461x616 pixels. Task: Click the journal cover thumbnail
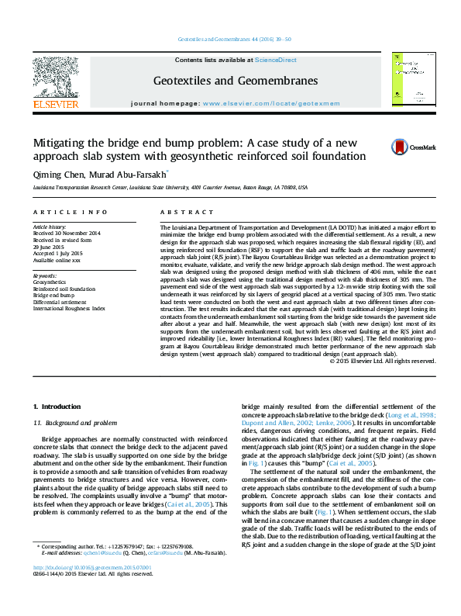[x=411, y=81]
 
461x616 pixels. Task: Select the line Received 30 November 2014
[x=67, y=233]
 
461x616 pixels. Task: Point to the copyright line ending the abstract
[x=382, y=361]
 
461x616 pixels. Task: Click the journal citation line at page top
[x=235, y=39]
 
